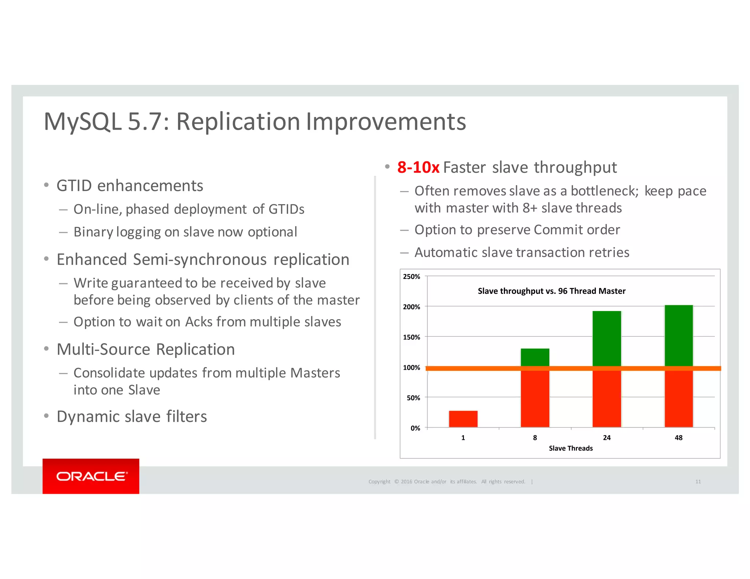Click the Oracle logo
pyautogui.click(x=91, y=476)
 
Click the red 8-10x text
pyautogui.click(x=418, y=168)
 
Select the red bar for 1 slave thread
pyautogui.click(x=463, y=419)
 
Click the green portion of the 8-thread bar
pyautogui.click(x=535, y=357)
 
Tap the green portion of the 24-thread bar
pyautogui.click(x=606, y=338)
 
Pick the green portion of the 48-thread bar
pyautogui.click(x=679, y=335)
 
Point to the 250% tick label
pyautogui.click(x=411, y=277)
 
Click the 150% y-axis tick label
pyautogui.click(x=411, y=337)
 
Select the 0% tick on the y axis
pyautogui.click(x=415, y=428)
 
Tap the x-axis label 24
pyautogui.click(x=606, y=438)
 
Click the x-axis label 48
pyautogui.click(x=678, y=438)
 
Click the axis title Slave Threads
pyautogui.click(x=571, y=448)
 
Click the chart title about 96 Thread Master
pyautogui.click(x=551, y=291)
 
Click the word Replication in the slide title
pyautogui.click(x=238, y=122)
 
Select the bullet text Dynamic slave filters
pyautogui.click(x=131, y=416)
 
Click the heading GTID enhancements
pyautogui.click(x=130, y=186)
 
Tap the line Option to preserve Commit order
pyautogui.click(x=517, y=230)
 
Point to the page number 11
pyautogui.click(x=698, y=482)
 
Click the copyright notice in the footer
pyautogui.click(x=446, y=482)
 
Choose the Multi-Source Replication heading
pyautogui.click(x=145, y=349)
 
